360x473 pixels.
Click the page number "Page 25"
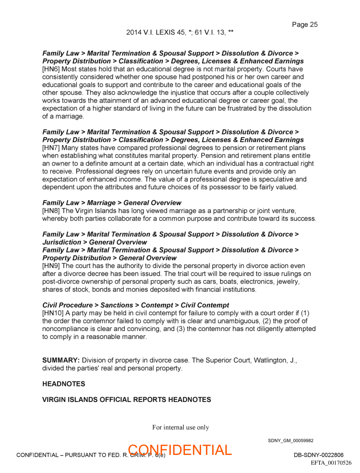point(304,25)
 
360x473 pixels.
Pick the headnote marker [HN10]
point(52,313)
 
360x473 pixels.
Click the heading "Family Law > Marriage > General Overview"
point(112,203)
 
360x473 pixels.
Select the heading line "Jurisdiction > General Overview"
point(94,242)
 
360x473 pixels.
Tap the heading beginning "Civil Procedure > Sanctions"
point(135,305)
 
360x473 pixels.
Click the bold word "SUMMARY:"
point(61,360)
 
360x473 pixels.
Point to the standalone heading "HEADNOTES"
point(64,384)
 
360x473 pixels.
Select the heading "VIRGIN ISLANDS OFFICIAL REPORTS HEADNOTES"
point(126,400)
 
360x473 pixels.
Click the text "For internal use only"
point(180,427)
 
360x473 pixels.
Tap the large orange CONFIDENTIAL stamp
point(180,450)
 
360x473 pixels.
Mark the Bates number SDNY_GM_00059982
point(290,440)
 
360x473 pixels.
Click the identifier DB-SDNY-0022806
point(319,455)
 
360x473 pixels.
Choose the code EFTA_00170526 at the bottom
point(331,462)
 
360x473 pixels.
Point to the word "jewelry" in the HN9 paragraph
point(289,282)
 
